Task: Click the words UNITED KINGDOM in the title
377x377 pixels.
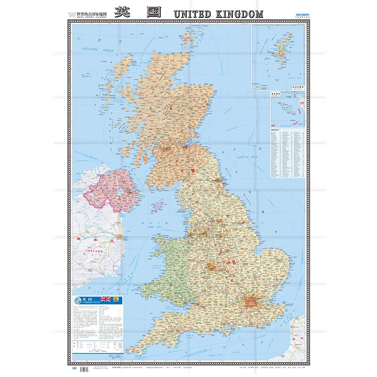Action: tap(218, 14)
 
